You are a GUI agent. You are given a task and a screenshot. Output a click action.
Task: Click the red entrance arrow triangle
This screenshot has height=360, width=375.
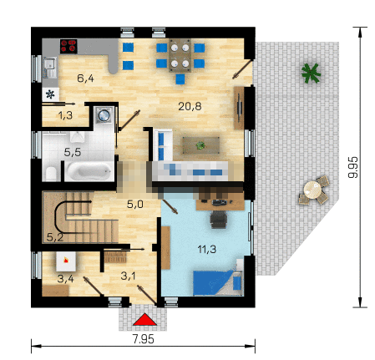[144, 319]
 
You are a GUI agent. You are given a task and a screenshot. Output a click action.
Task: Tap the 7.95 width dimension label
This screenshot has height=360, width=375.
[143, 339]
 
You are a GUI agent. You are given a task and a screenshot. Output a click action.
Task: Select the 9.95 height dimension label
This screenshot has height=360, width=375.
[353, 167]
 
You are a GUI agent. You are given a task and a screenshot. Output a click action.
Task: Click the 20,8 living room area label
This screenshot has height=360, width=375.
[190, 106]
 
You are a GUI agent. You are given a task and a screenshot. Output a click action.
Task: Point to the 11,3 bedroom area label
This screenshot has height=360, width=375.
[207, 249]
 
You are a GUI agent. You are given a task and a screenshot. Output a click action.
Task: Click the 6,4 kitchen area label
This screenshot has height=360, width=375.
[85, 79]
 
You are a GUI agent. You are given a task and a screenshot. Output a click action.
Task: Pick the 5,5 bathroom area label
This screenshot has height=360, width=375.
[73, 152]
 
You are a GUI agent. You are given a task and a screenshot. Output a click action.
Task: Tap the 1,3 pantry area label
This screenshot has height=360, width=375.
[65, 115]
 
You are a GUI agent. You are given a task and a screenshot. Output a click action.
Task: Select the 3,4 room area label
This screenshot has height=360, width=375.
[66, 278]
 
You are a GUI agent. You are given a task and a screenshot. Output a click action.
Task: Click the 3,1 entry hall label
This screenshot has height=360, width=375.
[129, 276]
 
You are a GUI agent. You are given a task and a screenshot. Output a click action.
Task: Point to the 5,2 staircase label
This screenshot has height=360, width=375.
[55, 237]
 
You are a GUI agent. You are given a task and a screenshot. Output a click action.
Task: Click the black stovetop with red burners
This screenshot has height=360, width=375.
[68, 46]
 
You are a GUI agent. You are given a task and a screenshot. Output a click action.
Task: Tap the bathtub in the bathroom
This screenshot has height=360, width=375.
[89, 171]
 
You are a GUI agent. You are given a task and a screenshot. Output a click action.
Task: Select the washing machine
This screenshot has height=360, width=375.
[104, 114]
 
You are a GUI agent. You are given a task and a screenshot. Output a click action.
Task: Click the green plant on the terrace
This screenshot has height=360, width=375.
[311, 74]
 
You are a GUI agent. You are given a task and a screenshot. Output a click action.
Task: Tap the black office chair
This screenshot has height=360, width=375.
[219, 220]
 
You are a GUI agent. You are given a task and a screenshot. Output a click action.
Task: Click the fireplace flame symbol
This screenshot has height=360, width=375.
[66, 261]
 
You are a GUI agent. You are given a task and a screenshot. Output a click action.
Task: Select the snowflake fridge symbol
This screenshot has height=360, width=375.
[50, 94]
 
